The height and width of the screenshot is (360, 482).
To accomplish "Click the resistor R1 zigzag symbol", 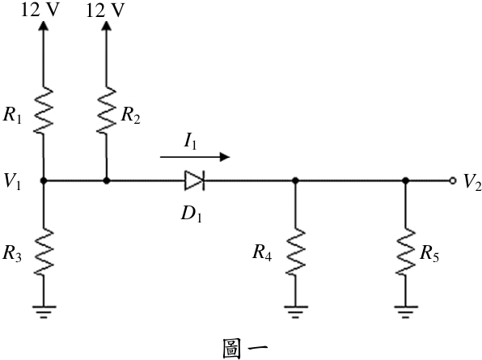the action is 43,110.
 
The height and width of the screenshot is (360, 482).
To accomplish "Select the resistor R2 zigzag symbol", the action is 107,110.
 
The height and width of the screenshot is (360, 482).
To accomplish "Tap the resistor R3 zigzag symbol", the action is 44,252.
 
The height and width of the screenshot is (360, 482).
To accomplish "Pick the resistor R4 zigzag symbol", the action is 295,252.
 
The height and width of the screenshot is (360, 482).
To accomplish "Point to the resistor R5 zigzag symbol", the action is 405,252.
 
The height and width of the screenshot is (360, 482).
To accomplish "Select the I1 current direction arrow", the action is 195,157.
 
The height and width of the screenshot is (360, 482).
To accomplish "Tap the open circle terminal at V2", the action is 452,180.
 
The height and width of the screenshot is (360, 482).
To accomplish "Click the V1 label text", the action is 12,181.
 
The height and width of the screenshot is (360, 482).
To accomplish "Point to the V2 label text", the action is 472,182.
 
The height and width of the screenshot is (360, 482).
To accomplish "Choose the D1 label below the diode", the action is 191,214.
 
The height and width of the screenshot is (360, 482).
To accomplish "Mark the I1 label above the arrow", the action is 190,142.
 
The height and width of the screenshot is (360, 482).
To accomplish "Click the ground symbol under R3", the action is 44,311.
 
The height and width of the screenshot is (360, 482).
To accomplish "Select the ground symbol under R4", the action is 295,311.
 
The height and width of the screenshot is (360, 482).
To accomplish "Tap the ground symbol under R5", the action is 405,311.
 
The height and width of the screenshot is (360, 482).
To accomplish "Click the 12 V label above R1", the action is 40,10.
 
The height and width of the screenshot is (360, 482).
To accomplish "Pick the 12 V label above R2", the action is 105,11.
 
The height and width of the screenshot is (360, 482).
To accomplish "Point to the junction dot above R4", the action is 295,180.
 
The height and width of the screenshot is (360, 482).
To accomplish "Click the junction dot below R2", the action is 107,180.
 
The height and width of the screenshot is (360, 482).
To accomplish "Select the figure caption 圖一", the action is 245,349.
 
